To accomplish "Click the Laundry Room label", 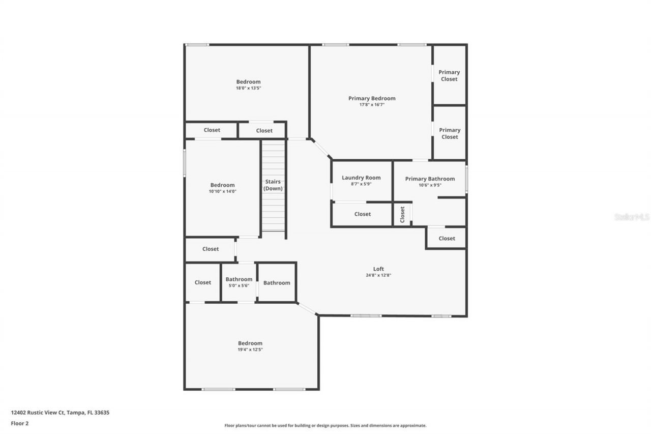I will pyautogui.click(x=361, y=178).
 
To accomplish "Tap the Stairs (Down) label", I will pyautogui.click(x=273, y=185).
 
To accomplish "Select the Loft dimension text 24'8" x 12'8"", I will pyautogui.click(x=378, y=275).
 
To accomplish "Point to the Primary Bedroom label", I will pyautogui.click(x=372, y=98).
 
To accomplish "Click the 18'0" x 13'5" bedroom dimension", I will pyautogui.click(x=248, y=88).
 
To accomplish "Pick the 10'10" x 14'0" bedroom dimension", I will pyautogui.click(x=223, y=191).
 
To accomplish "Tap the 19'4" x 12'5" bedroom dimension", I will pyautogui.click(x=250, y=350).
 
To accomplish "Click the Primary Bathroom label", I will pyautogui.click(x=430, y=179).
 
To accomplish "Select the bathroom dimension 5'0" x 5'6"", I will pyautogui.click(x=239, y=285).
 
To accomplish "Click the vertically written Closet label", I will pyautogui.click(x=402, y=214).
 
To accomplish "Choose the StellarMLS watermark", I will pyautogui.click(x=632, y=217).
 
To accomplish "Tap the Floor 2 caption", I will pyautogui.click(x=20, y=423).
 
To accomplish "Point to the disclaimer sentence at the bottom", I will pyautogui.click(x=325, y=425).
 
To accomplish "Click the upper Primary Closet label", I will pyautogui.click(x=449, y=75).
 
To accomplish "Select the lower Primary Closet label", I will pyautogui.click(x=450, y=133).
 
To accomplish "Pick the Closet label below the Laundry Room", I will pyautogui.click(x=363, y=214).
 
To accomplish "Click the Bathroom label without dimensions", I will pyautogui.click(x=277, y=283).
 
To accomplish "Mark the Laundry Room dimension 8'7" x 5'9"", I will pyautogui.click(x=361, y=184).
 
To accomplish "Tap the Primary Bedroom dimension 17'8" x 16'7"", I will pyautogui.click(x=372, y=105).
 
